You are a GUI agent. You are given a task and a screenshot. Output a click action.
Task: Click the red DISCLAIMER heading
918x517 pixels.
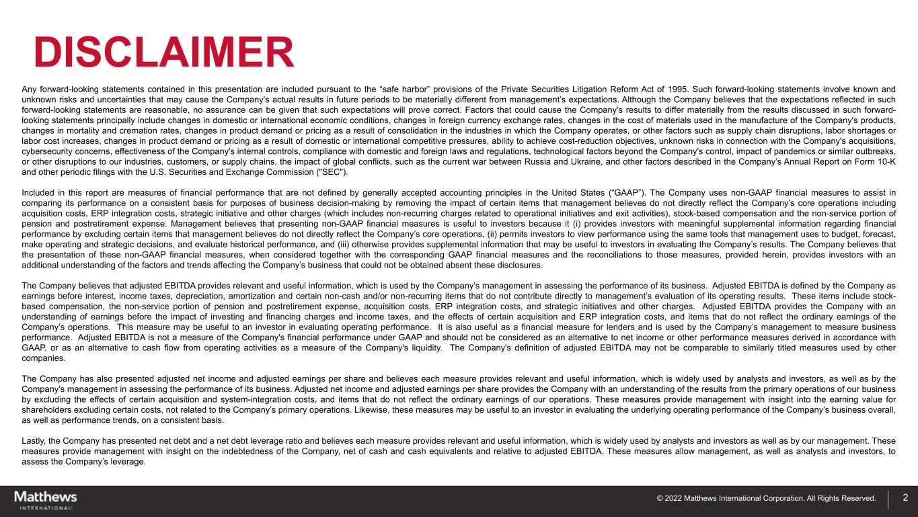click(x=164, y=52)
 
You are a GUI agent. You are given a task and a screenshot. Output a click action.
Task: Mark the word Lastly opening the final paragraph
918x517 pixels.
click(x=34, y=441)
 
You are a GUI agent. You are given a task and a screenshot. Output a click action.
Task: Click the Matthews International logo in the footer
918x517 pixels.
click(x=46, y=500)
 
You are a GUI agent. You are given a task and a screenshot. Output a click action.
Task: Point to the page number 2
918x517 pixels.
click(x=905, y=498)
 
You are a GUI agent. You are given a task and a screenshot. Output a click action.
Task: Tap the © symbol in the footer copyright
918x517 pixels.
click(x=660, y=499)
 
